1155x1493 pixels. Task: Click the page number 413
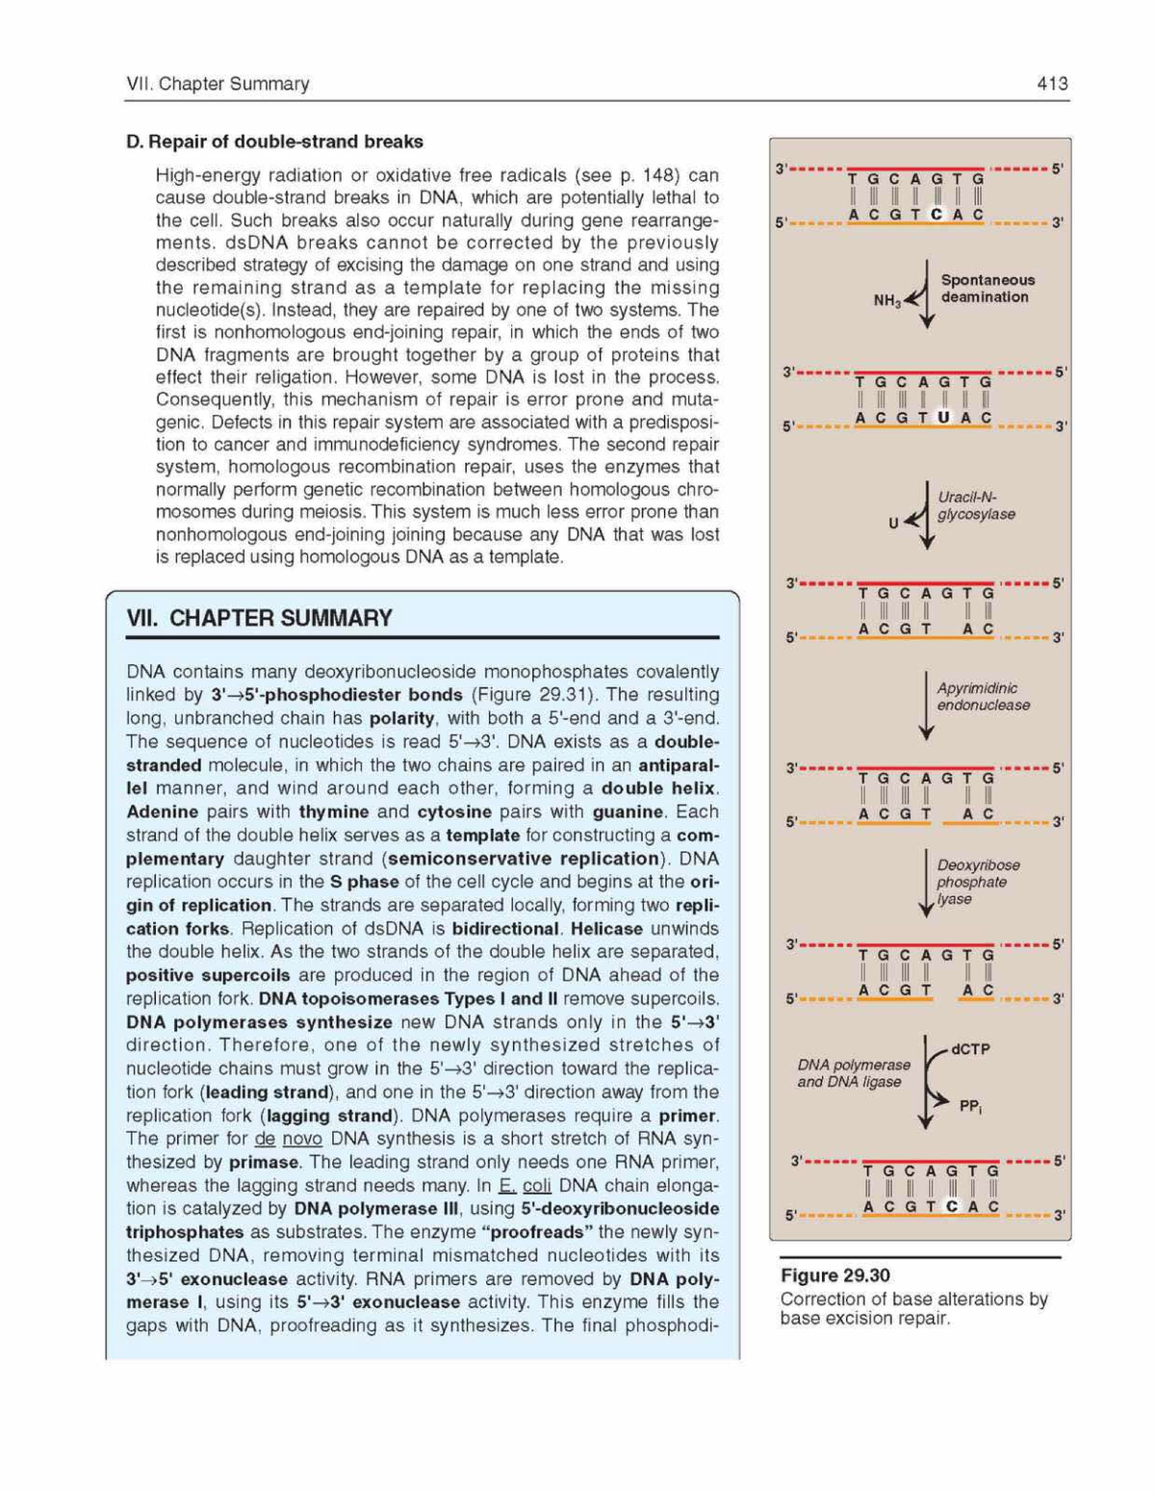[1052, 84]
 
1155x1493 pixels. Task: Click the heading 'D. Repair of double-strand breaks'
[274, 142]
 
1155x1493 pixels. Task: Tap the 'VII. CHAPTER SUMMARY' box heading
[260, 618]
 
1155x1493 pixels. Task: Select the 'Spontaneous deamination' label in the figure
[987, 289]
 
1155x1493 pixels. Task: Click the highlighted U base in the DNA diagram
[943, 417]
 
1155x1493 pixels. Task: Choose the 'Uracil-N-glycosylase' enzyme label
[976, 505]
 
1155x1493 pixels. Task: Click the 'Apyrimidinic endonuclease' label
[983, 696]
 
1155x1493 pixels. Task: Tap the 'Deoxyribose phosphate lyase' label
[978, 882]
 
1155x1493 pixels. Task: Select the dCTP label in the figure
[969, 1049]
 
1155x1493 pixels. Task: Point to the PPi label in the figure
[970, 1107]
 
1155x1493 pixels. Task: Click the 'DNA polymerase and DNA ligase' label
[853, 1073]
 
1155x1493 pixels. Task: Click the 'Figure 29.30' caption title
[834, 1275]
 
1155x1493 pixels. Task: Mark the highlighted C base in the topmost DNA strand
[937, 215]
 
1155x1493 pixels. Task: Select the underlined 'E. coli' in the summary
[525, 1186]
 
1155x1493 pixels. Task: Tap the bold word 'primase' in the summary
[263, 1163]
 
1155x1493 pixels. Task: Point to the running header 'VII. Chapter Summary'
[218, 84]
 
